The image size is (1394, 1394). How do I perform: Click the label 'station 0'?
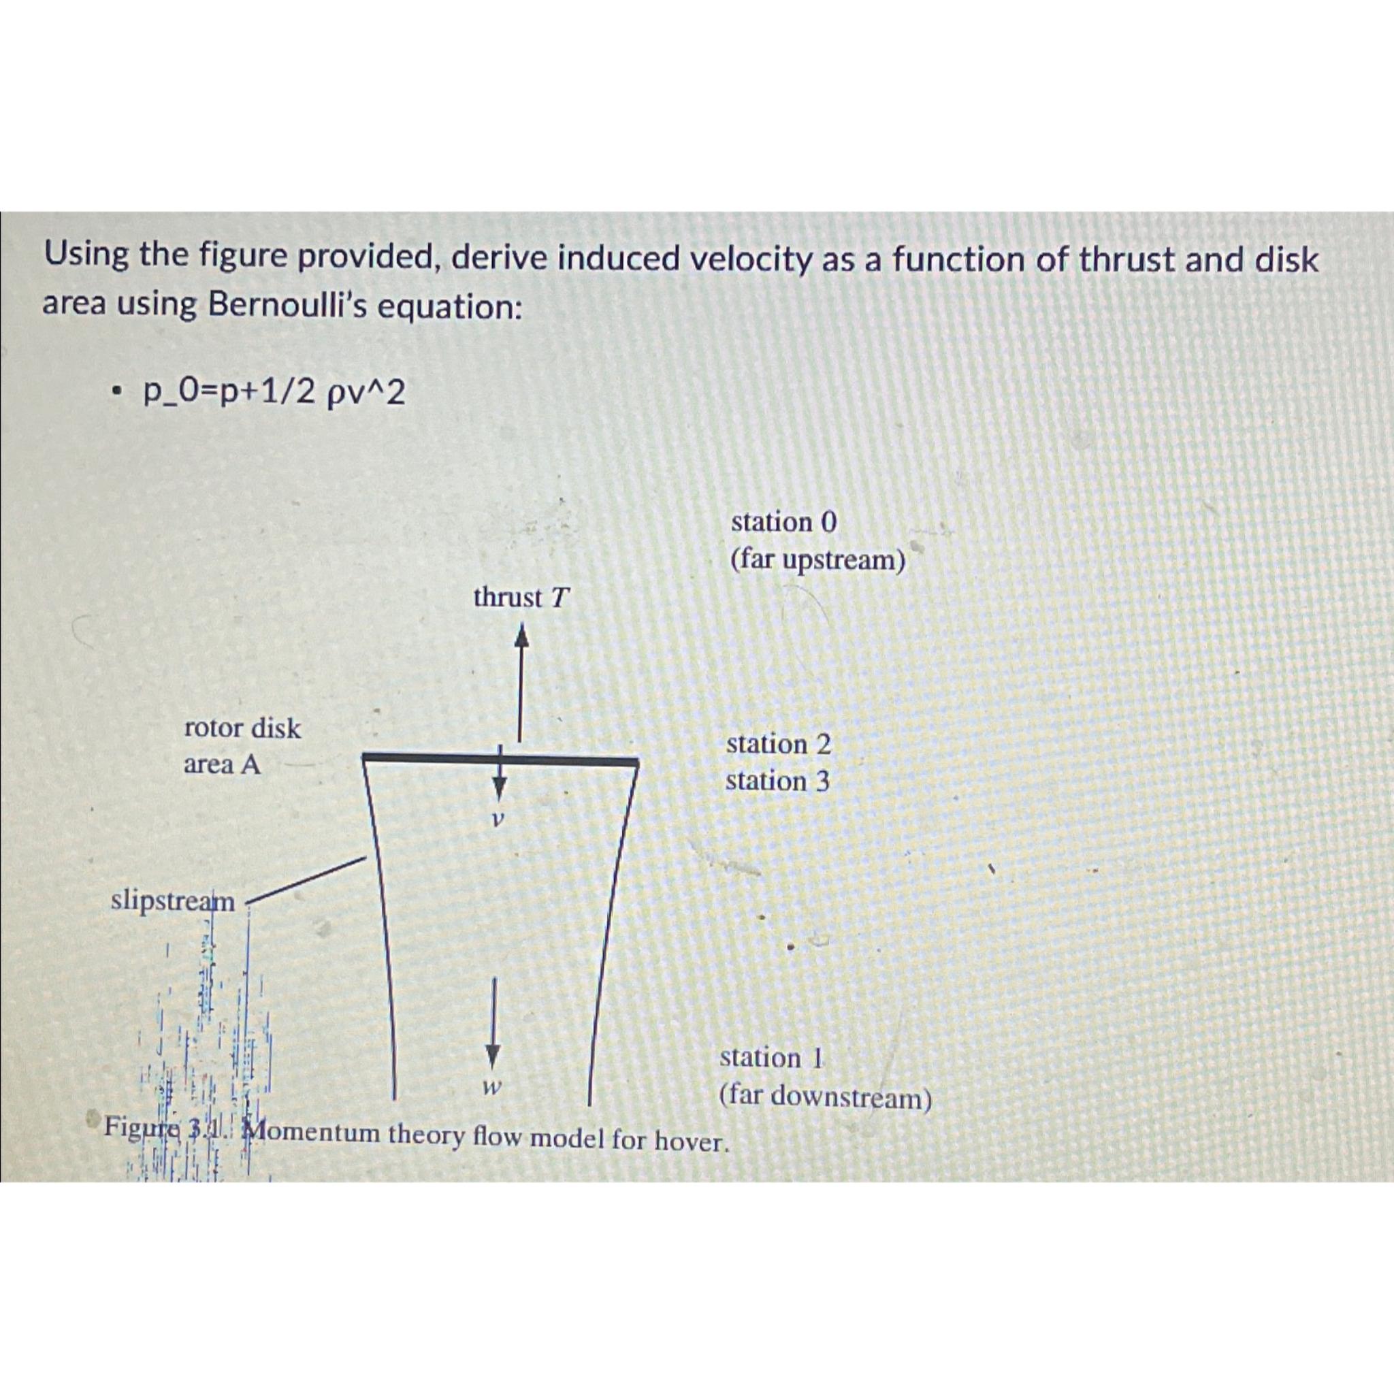click(x=784, y=521)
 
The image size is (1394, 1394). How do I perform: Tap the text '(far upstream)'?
click(x=817, y=560)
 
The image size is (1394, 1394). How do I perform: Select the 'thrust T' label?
click(x=521, y=598)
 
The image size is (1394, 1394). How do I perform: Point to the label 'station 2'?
click(x=779, y=744)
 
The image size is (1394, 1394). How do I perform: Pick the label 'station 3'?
click(x=778, y=781)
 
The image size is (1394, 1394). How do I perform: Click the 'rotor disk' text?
click(x=242, y=728)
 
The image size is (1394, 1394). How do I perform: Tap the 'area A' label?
click(x=222, y=765)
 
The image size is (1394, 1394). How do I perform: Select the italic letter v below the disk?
click(x=496, y=820)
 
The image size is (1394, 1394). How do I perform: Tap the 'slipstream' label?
click(x=173, y=901)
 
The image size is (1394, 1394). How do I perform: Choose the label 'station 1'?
click(x=771, y=1058)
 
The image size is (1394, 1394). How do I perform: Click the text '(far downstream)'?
click(x=826, y=1097)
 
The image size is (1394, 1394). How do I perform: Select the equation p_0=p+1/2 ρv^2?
click(x=274, y=393)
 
